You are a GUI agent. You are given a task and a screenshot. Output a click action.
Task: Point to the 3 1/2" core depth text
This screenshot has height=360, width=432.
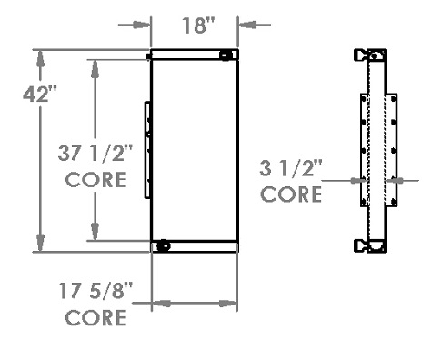[290, 167]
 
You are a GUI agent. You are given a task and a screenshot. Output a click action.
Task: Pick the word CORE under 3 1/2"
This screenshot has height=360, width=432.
[290, 195]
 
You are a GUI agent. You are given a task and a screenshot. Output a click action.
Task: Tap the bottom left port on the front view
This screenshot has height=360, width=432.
[163, 246]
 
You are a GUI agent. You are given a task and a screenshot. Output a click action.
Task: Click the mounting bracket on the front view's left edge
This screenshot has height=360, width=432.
[146, 151]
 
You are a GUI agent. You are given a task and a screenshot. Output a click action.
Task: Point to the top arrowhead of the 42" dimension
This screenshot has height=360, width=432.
[39, 56]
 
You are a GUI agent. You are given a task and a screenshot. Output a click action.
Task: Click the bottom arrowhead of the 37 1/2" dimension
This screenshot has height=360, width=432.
[93, 235]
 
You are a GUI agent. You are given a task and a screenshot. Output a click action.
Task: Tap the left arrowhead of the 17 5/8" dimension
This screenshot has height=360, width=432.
[156, 305]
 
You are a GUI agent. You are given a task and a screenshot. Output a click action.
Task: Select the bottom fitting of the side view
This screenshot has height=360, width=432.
[373, 245]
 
